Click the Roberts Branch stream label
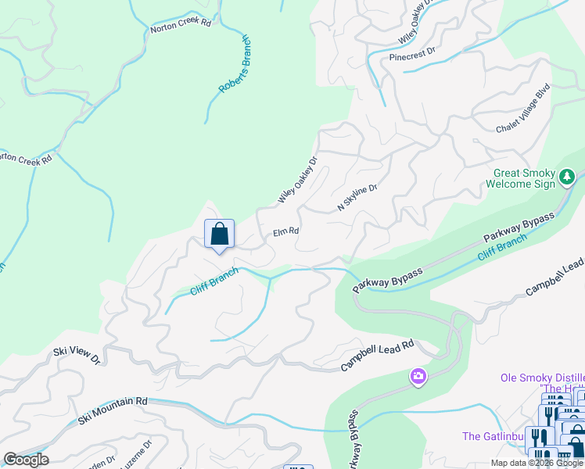coord(235,65)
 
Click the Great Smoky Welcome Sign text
coord(522,179)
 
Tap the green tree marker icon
coord(569,179)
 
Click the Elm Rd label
coord(286,232)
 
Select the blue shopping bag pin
coord(219,234)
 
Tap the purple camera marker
coord(418,378)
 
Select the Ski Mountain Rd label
coord(113,412)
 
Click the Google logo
coord(26,460)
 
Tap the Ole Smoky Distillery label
coord(542,378)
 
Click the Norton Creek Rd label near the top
coord(181,27)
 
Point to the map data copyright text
coord(537,463)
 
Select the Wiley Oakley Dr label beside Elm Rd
coord(298,181)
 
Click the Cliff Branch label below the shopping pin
coord(214,284)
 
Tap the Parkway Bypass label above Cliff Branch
coord(519,227)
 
